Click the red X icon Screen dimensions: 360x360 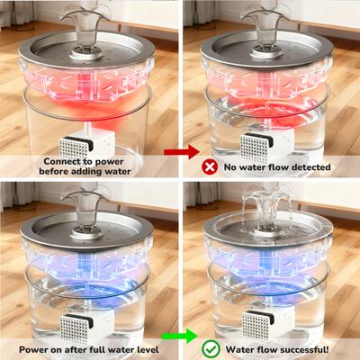click(x=210, y=166)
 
